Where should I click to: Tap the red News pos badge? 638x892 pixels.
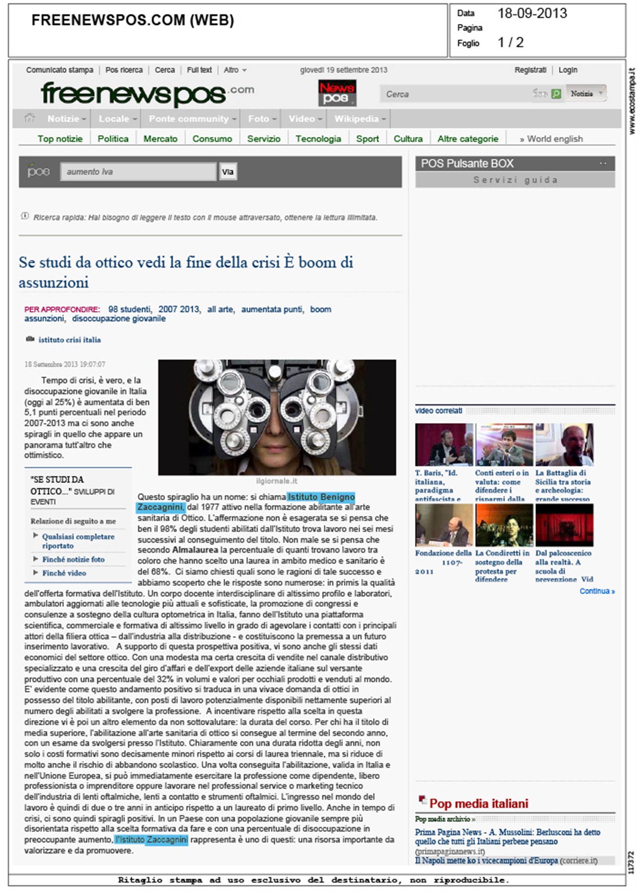point(337,93)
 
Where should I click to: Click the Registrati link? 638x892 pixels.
point(530,70)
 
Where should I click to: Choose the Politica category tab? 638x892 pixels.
point(113,139)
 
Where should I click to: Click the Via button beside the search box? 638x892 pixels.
point(228,172)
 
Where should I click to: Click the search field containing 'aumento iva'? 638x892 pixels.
point(138,172)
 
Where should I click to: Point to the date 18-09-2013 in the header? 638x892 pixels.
point(532,14)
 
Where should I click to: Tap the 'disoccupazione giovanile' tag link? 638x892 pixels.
point(119,319)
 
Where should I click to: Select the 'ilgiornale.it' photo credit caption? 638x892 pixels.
point(276,481)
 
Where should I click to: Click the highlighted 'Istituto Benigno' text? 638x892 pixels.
point(321,497)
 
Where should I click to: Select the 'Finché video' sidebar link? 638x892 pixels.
point(64,573)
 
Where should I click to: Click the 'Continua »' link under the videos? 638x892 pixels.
point(597,591)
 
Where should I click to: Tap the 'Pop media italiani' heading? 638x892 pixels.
point(478,804)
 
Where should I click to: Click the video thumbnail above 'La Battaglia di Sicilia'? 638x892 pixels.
point(564,445)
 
